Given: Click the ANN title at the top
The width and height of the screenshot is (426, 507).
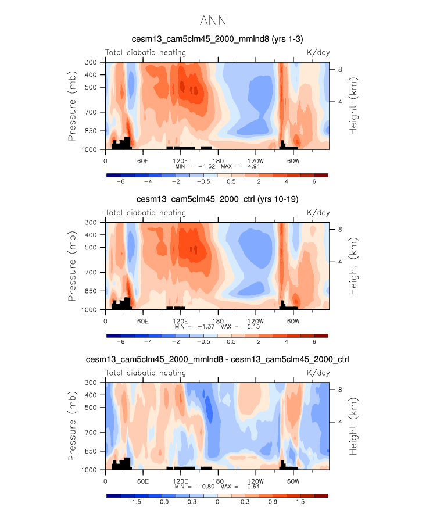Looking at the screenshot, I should tap(213, 21).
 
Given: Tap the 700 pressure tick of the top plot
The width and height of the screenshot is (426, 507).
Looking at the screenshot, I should tap(91, 112).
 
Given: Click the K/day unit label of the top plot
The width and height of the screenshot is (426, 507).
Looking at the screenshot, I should tap(318, 53).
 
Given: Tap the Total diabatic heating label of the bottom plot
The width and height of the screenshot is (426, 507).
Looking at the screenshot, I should tap(145, 373).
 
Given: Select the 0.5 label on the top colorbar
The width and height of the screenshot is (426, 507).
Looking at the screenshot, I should tap(232, 181).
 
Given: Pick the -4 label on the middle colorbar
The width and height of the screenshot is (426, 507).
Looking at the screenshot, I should tap(149, 342).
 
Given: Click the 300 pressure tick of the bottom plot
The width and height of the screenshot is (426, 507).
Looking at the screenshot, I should tap(91, 383).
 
